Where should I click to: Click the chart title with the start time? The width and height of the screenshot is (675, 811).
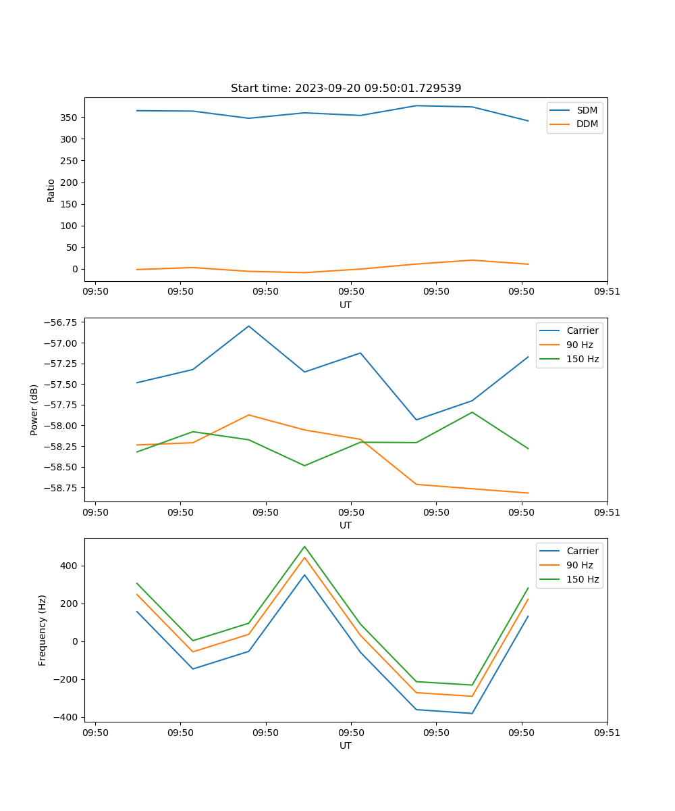(346, 89)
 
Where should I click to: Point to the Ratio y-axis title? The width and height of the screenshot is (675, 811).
(51, 190)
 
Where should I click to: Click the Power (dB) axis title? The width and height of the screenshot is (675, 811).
(34, 410)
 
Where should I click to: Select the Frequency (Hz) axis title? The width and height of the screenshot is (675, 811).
(43, 630)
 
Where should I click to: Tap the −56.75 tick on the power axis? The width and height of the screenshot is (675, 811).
(59, 322)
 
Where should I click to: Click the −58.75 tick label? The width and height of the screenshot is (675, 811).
(59, 488)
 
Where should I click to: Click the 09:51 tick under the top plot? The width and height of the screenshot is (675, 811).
(607, 292)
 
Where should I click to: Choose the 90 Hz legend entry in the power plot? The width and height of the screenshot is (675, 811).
(580, 345)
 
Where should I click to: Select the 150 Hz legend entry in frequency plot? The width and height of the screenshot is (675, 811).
(583, 580)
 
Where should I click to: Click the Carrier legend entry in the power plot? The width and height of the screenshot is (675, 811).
(582, 330)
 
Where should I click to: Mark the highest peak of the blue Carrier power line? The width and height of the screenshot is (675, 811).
(248, 326)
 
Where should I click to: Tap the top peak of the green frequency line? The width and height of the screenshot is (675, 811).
(304, 546)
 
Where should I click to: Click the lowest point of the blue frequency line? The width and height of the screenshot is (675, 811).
(472, 713)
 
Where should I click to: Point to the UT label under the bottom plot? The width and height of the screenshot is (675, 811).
(346, 745)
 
